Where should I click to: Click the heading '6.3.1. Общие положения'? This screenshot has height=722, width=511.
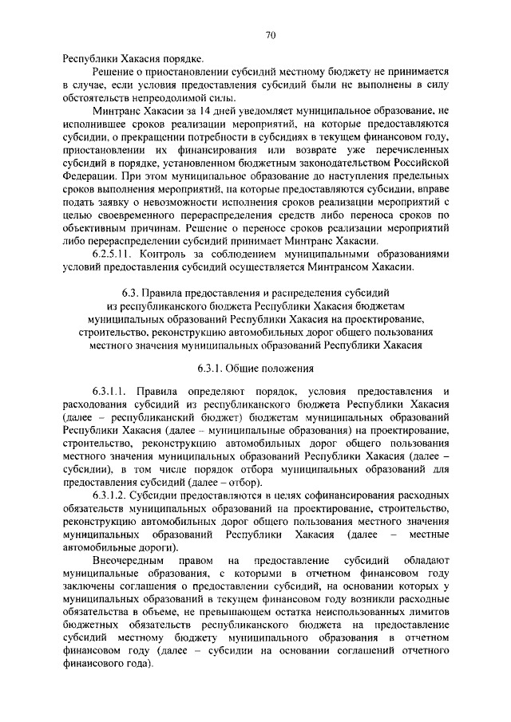pos(255,369)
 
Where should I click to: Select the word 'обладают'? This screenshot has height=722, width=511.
pos(424,561)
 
